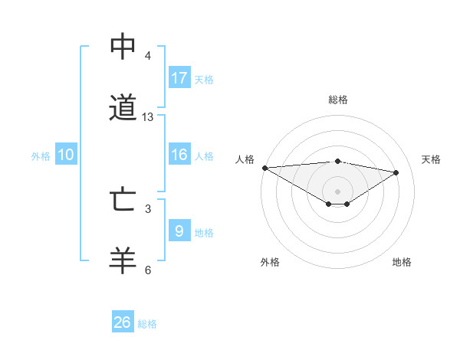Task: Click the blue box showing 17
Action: (179, 78)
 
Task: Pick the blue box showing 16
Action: (179, 155)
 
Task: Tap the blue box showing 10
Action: (66, 155)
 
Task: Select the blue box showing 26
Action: (123, 322)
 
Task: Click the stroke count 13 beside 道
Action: (148, 117)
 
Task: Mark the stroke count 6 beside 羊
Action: (148, 270)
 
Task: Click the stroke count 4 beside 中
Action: (148, 56)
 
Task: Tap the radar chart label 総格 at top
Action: (338, 100)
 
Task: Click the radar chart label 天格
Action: (431, 159)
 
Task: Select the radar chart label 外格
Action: (269, 262)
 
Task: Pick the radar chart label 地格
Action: (402, 262)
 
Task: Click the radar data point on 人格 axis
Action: (264, 168)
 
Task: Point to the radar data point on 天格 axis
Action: (396, 172)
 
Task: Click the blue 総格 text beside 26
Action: (147, 324)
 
